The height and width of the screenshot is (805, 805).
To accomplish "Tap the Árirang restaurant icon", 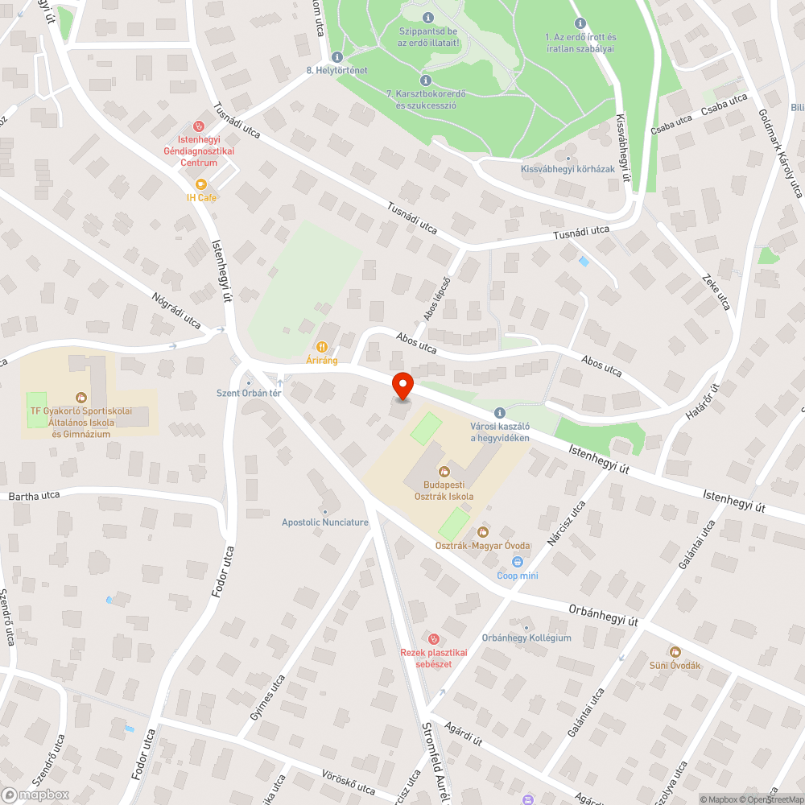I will click(x=322, y=346).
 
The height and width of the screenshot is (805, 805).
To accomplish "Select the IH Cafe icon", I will click(x=201, y=184).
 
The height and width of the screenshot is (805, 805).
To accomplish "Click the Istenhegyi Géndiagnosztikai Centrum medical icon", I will click(x=199, y=126).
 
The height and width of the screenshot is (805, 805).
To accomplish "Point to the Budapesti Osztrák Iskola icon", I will click(x=443, y=471).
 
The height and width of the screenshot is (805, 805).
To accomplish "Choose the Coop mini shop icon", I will click(x=517, y=562).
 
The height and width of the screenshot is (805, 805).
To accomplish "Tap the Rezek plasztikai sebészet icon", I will click(x=435, y=638).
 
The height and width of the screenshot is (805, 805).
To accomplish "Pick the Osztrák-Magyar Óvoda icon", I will click(x=483, y=531).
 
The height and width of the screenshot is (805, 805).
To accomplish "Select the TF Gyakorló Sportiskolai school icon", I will click(x=80, y=397).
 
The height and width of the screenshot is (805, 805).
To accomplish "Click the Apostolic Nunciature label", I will click(x=325, y=522).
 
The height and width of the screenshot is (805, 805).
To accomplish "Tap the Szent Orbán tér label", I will click(x=249, y=393).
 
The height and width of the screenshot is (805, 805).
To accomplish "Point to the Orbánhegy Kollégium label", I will click(x=526, y=638).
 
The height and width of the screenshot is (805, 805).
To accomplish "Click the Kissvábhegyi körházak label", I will click(x=568, y=169).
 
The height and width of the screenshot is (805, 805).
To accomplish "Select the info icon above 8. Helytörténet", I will click(x=336, y=57).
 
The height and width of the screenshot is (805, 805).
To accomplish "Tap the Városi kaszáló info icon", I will click(x=499, y=412).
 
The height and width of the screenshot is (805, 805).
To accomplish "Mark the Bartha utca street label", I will click(x=35, y=496).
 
